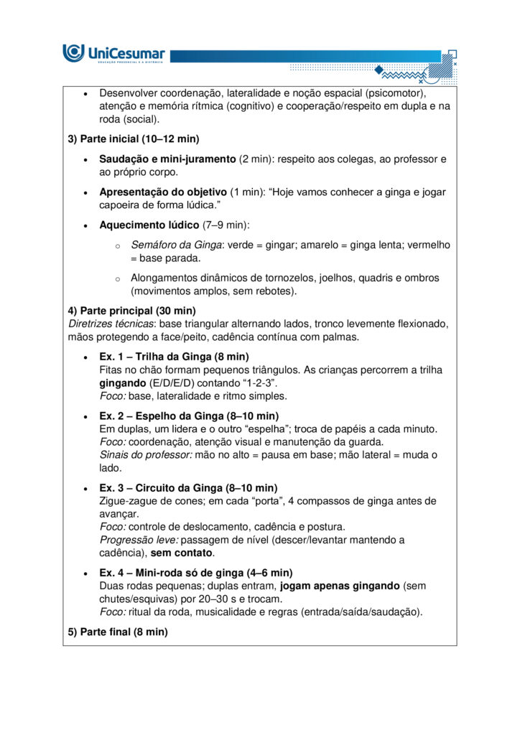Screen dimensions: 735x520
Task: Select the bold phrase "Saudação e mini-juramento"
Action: pyautogui.click(x=167, y=159)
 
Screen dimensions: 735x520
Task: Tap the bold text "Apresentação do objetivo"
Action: pyautogui.click(x=162, y=192)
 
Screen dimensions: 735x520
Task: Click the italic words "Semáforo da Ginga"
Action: pyautogui.click(x=175, y=245)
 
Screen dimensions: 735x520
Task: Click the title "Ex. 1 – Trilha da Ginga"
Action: pyautogui.click(x=155, y=357)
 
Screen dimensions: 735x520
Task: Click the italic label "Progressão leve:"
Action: pyautogui.click(x=139, y=540)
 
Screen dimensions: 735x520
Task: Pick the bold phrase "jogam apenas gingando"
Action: pyautogui.click(x=340, y=586)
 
